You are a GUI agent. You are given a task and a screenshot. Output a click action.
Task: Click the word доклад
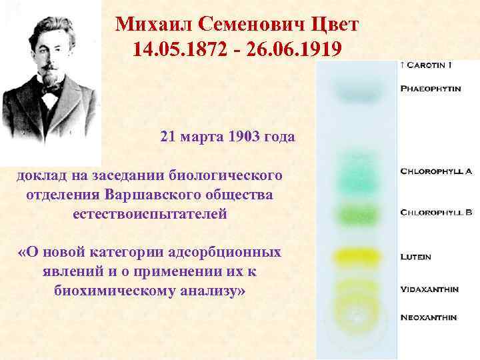pyautogui.click(x=41, y=176)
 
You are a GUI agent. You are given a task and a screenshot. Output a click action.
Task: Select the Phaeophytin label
pyautogui.click(x=430, y=88)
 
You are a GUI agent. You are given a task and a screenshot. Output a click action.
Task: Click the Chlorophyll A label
pyautogui.click(x=436, y=171)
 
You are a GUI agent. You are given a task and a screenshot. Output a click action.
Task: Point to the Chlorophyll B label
pyautogui.click(x=436, y=213)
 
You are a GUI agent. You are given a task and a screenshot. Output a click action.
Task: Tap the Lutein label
pyautogui.click(x=415, y=256)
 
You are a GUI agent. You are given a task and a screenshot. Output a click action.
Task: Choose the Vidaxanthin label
pyautogui.click(x=429, y=289)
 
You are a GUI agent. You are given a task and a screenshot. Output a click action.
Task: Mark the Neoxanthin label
pyautogui.click(x=428, y=317)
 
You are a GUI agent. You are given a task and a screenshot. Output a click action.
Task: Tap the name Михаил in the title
pyautogui.click(x=148, y=25)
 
